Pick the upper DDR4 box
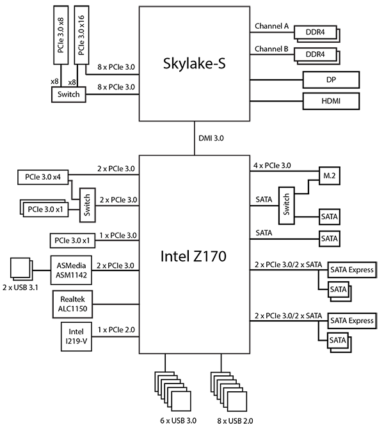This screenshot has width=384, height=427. click(316, 32)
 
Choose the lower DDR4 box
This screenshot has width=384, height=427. click(316, 56)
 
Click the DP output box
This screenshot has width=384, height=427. click(330, 80)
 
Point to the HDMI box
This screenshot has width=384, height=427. click(330, 101)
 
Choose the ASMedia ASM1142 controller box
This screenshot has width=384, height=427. click(72, 271)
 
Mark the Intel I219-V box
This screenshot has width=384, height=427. click(76, 338)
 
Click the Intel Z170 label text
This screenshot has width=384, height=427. click(194, 257)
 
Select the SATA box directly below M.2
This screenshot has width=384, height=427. click(329, 217)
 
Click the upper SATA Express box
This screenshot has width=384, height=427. click(351, 270)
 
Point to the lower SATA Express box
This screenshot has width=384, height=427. click(351, 320)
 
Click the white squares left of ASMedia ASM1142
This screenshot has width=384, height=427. click(21, 268)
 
